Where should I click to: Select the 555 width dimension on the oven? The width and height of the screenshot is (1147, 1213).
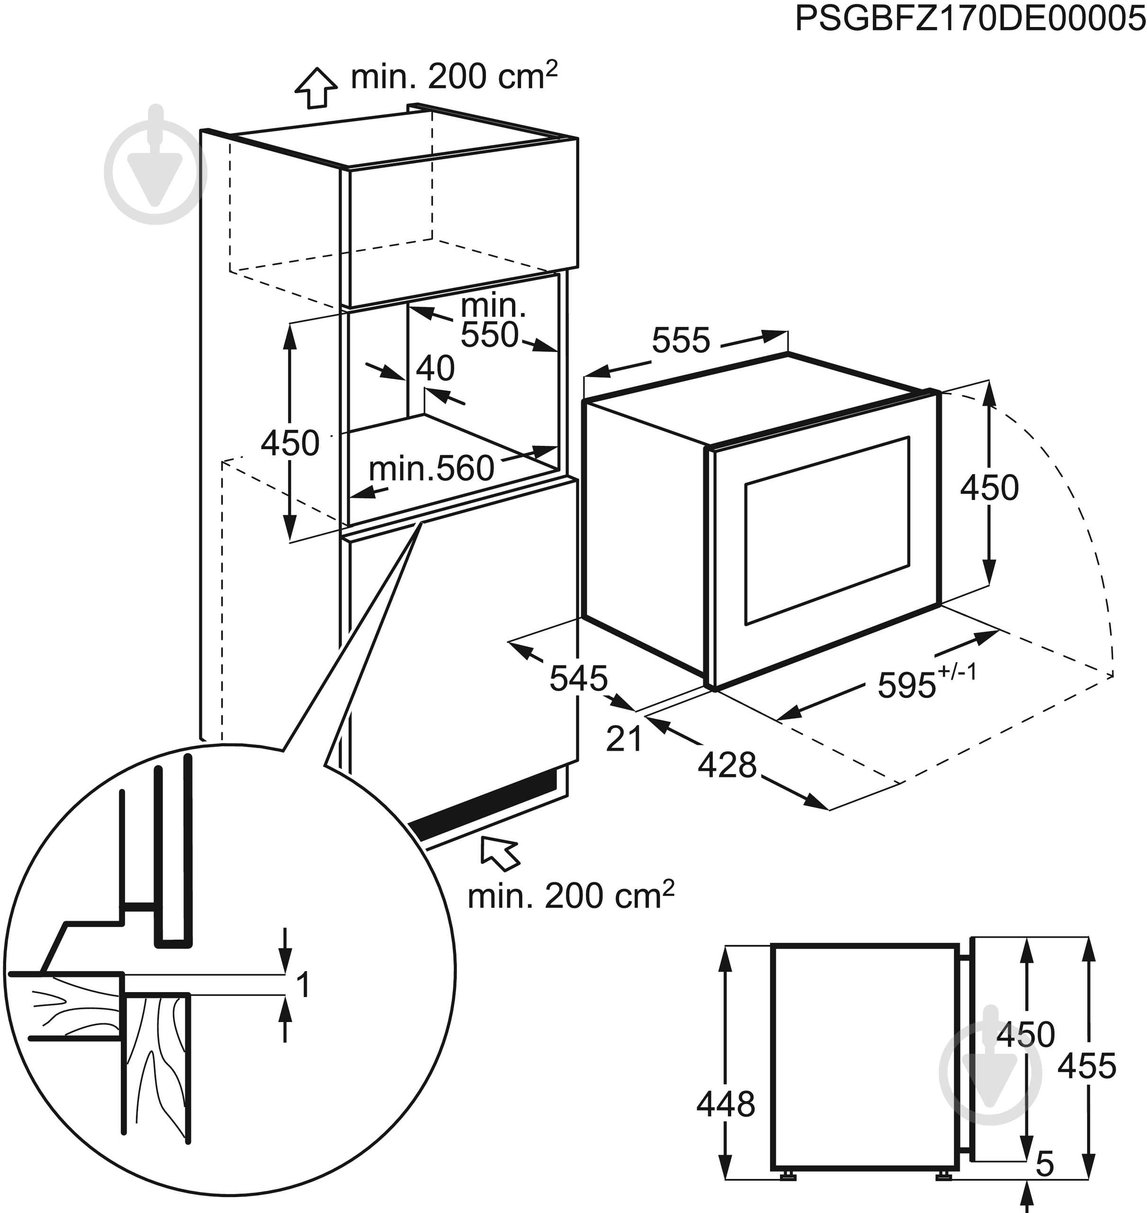[x=681, y=341]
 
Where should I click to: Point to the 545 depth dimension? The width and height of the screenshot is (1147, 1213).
[x=578, y=678]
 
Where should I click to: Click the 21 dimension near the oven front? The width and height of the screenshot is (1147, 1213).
[x=624, y=738]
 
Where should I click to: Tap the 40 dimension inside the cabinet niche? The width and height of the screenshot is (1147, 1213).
[x=435, y=368]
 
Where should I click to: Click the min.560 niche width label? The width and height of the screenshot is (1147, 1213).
[x=431, y=469]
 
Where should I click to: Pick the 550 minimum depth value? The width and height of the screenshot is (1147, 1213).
[x=489, y=335]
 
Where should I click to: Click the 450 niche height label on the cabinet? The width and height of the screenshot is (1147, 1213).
[x=290, y=443]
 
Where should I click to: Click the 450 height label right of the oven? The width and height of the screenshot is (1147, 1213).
[x=989, y=488]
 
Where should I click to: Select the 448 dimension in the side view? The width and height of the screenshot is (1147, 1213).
[x=726, y=1104]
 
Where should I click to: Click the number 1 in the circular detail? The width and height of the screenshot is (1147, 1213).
[x=303, y=986]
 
